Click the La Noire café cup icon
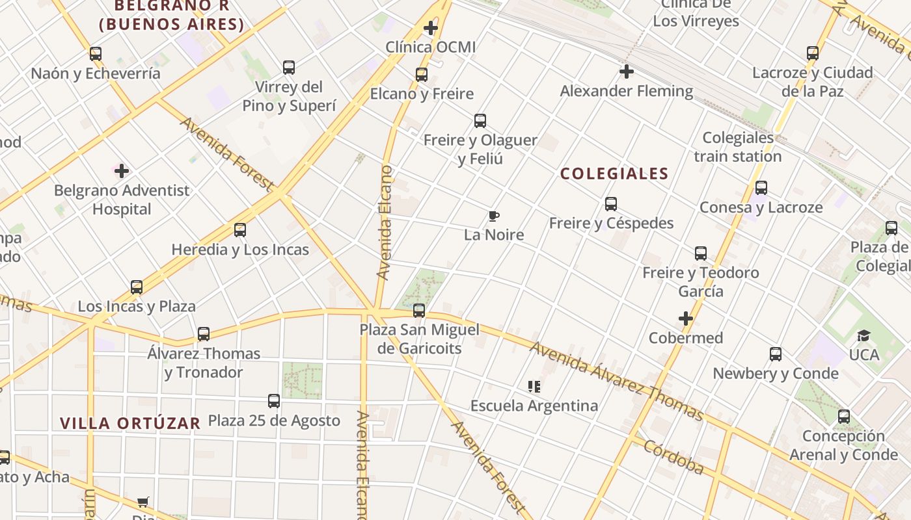(494, 216)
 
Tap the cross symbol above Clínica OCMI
(430, 28)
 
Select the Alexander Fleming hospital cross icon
(627, 71)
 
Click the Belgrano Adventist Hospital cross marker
(122, 171)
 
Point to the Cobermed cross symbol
(685, 318)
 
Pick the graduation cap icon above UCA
(863, 335)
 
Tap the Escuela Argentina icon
(534, 387)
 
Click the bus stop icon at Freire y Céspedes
(611, 204)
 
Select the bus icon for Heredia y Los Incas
(240, 230)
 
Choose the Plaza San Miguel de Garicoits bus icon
(419, 311)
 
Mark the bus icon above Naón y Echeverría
(96, 54)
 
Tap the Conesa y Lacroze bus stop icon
(761, 188)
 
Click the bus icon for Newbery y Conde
(776, 354)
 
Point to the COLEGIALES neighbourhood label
(614, 174)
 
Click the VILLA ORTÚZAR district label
(130, 423)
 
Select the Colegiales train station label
(738, 147)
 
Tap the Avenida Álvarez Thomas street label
(616, 381)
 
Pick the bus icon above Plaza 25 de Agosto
(274, 401)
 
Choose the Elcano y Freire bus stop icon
(422, 75)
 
